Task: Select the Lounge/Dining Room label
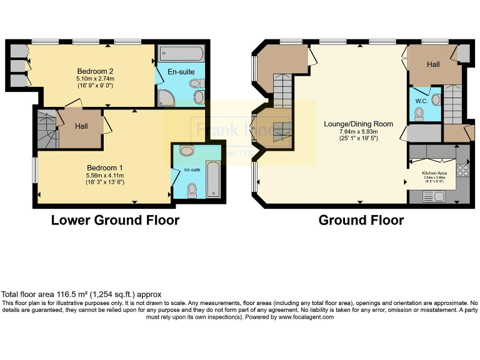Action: (x=358, y=124)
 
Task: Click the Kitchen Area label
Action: (x=434, y=172)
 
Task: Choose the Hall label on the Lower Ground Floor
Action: (x=82, y=126)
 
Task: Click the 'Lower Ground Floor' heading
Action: (x=115, y=220)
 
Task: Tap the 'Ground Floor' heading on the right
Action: (x=361, y=220)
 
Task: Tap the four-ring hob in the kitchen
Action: (x=463, y=169)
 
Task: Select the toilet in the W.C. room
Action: (x=419, y=113)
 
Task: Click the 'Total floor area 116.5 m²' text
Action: (x=81, y=294)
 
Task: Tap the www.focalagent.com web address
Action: (x=301, y=317)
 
